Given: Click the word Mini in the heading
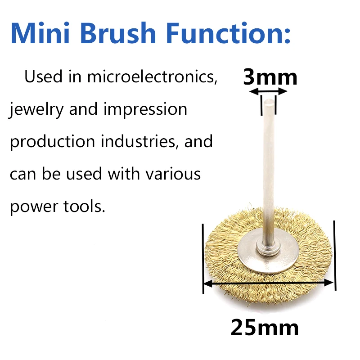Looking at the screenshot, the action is pyautogui.click(x=40, y=32).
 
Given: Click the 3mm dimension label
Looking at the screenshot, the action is pyautogui.click(x=270, y=77).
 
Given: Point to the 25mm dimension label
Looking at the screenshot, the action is pyautogui.click(x=265, y=328).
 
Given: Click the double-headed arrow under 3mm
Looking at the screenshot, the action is pyautogui.click(x=268, y=92).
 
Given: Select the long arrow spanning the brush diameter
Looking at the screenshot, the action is pyautogui.click(x=268, y=283).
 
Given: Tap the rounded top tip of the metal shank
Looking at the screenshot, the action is pyautogui.click(x=269, y=100).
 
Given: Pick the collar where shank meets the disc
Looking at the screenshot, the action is pyautogui.click(x=268, y=249).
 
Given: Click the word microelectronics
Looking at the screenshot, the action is pyautogui.click(x=152, y=76).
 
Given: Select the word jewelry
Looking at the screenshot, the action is pyautogui.click(x=36, y=110).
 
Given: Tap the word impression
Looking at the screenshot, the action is pyautogui.click(x=145, y=110).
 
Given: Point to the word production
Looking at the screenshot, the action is pyautogui.click(x=52, y=142).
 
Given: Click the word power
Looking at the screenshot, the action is pyautogui.click(x=34, y=207).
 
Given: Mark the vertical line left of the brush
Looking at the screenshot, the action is pyautogui.click(x=203, y=258).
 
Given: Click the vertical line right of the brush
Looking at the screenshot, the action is pyautogui.click(x=335, y=256).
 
